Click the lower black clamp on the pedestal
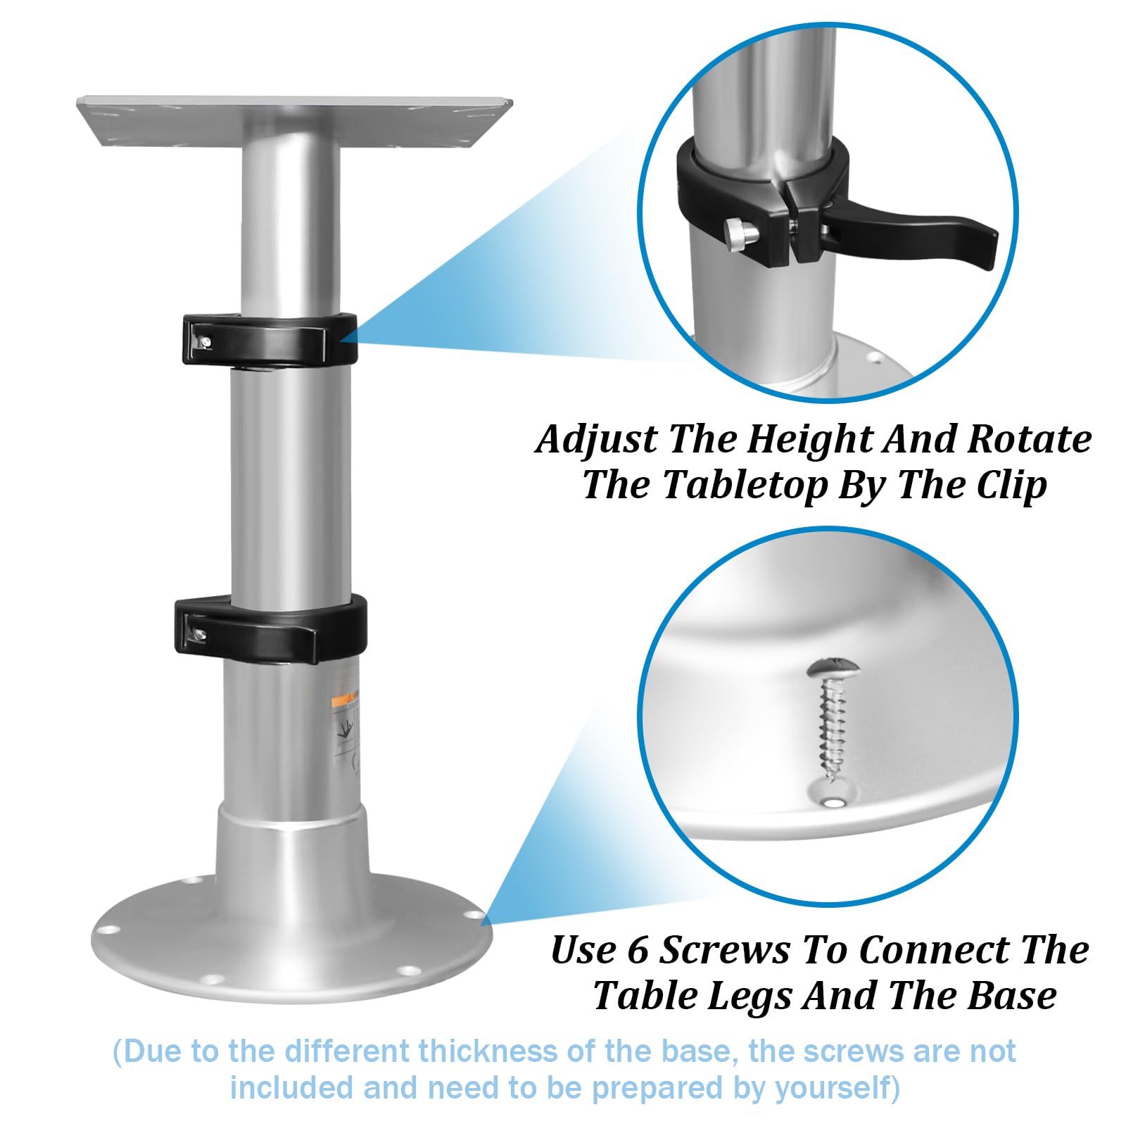pyautogui.click(x=270, y=624)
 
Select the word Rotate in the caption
pyautogui.click(x=1029, y=440)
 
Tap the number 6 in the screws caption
pyautogui.click(x=637, y=950)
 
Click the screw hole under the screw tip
pyautogui.click(x=835, y=802)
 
